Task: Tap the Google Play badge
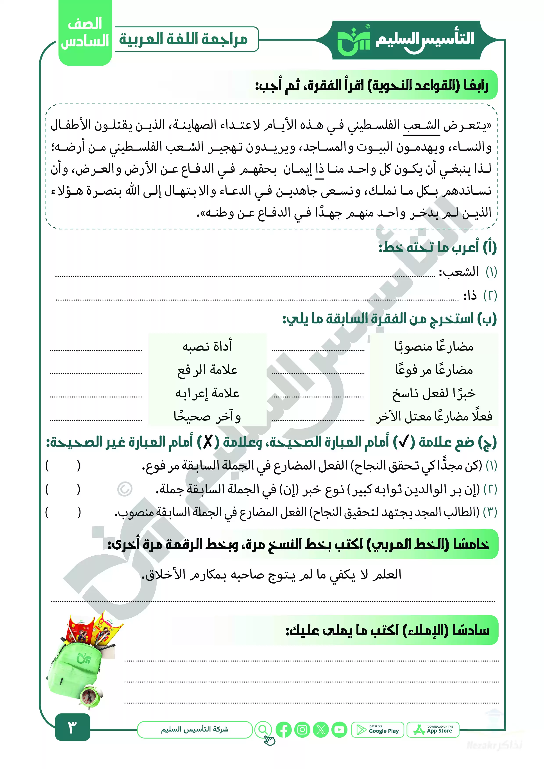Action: click(x=378, y=730)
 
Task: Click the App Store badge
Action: click(x=433, y=730)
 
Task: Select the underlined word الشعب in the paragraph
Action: click(x=421, y=126)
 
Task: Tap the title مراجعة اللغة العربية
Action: click(x=184, y=39)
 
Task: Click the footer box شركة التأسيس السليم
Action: click(x=195, y=730)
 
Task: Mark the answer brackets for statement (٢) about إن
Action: click(x=63, y=489)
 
